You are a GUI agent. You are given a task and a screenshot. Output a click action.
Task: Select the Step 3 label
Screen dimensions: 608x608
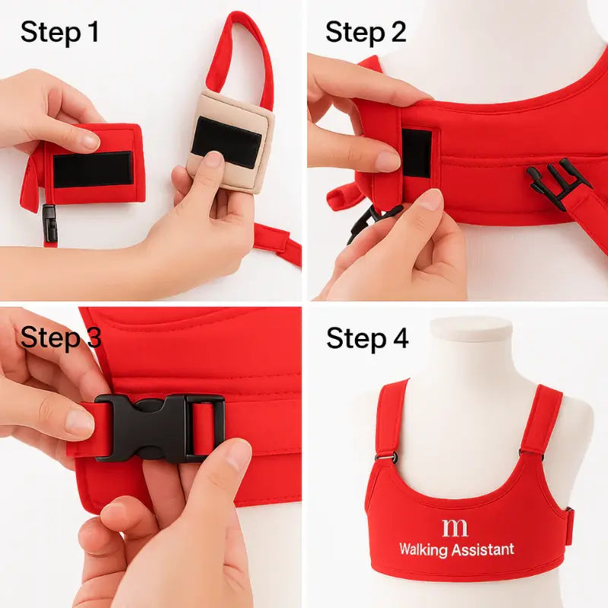point(61,338)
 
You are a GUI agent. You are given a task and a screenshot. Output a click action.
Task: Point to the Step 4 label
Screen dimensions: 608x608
point(367,338)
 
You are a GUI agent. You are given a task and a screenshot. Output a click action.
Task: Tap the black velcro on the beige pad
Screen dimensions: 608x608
point(227,141)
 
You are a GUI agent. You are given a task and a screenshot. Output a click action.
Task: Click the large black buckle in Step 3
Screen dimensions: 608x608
point(160,427)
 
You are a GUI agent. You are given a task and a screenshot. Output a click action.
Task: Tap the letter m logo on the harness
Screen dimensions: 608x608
point(454,527)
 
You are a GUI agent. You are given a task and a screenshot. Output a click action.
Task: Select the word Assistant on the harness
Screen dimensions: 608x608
point(483,549)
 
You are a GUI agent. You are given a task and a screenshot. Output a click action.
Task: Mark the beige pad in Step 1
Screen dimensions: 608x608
point(228,152)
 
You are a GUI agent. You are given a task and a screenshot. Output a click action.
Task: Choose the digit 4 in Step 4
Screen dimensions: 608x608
point(400,338)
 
